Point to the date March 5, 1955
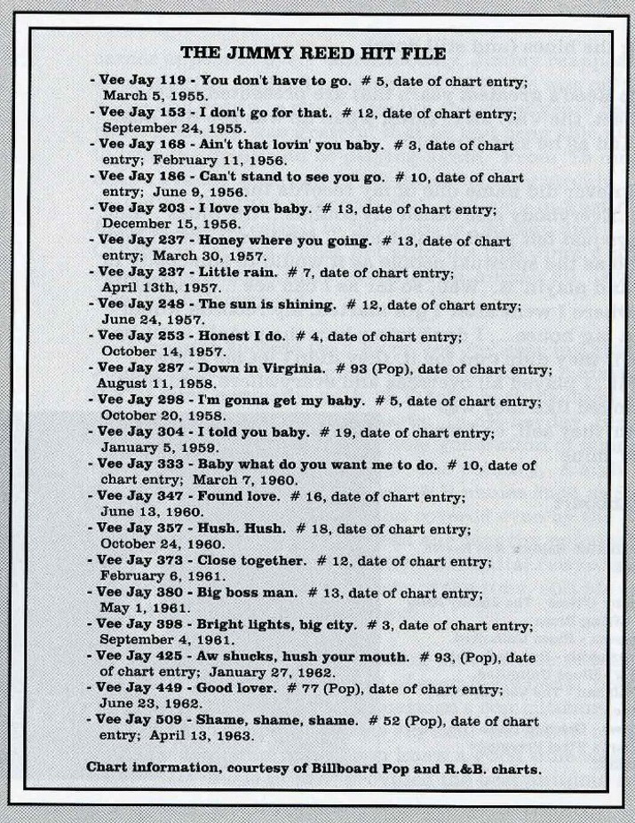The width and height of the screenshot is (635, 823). [155, 95]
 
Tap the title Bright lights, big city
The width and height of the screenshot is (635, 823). [274, 626]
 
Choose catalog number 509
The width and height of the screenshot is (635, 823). [172, 721]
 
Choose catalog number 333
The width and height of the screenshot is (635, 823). [172, 464]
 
